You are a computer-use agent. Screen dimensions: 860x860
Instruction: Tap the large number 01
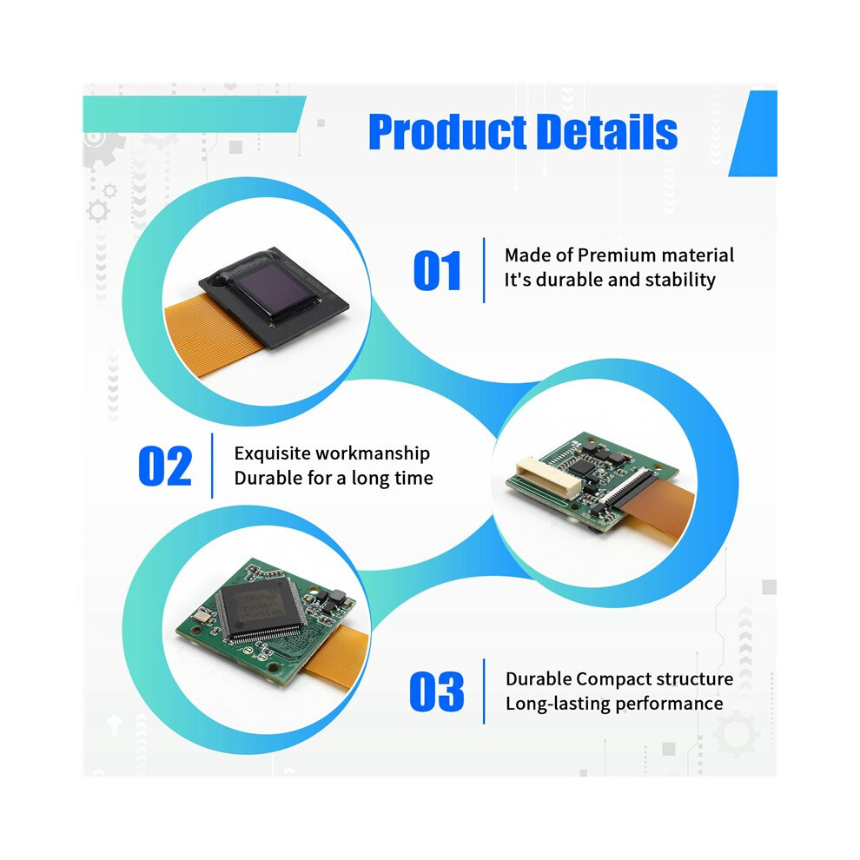tap(437, 270)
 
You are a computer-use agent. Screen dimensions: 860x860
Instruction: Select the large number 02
tap(165, 466)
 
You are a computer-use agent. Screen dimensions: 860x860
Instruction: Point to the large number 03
tap(437, 691)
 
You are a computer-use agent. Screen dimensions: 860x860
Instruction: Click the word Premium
tap(617, 255)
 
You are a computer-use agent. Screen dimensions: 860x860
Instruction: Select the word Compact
tap(614, 679)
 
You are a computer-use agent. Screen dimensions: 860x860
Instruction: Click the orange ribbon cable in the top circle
tap(214, 334)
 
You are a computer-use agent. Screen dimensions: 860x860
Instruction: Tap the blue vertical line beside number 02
tap(212, 466)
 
